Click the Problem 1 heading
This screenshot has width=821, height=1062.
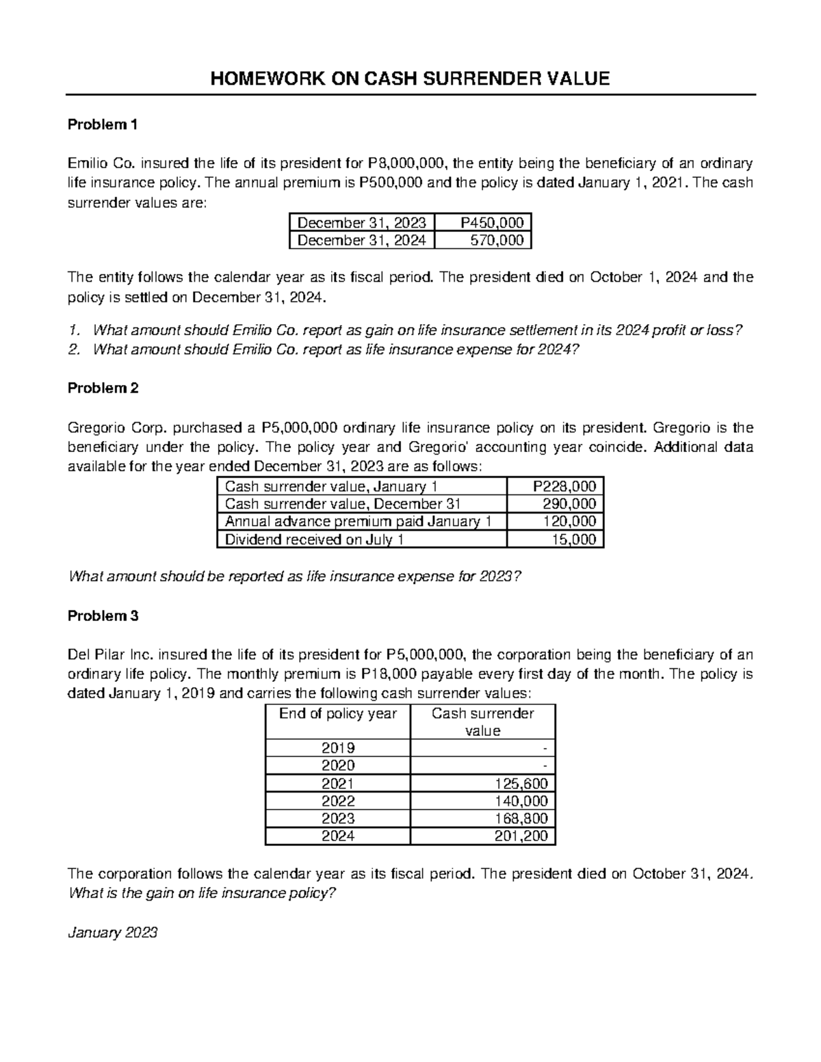coord(103,124)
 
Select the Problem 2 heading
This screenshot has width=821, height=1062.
coord(103,388)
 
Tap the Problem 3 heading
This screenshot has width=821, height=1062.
coord(103,615)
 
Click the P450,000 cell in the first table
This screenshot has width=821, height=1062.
coord(483,222)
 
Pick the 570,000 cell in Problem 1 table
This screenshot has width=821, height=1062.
coord(483,240)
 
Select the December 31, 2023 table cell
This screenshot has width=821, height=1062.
coord(361,222)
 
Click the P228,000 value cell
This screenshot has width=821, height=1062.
coord(555,486)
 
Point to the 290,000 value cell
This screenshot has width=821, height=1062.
coord(555,504)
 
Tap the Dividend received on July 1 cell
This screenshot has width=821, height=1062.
coord(362,540)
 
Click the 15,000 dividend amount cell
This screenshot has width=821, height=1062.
coord(555,540)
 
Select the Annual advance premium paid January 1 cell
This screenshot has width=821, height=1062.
coord(362,522)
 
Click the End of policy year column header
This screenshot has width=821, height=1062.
coord(337,714)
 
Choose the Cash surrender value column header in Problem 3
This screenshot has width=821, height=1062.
coord(482,722)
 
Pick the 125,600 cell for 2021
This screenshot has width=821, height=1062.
coord(482,784)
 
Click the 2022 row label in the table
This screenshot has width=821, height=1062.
coord(337,801)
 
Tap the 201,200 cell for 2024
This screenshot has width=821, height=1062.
coord(482,836)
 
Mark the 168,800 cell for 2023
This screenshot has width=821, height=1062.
coord(482,819)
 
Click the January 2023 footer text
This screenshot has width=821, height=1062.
coord(113,933)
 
